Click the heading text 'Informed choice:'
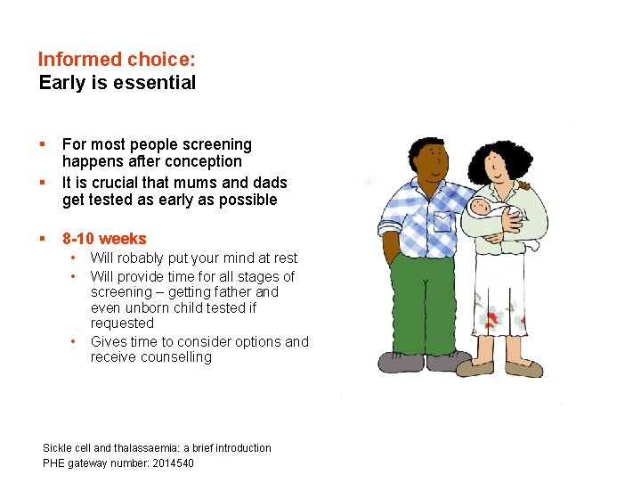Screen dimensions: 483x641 117,60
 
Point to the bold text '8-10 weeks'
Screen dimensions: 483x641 104,239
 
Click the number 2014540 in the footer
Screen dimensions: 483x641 167,463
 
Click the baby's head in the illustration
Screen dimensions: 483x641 480,209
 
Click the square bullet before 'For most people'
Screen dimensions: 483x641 42,143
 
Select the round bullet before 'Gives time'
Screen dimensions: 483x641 72,342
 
